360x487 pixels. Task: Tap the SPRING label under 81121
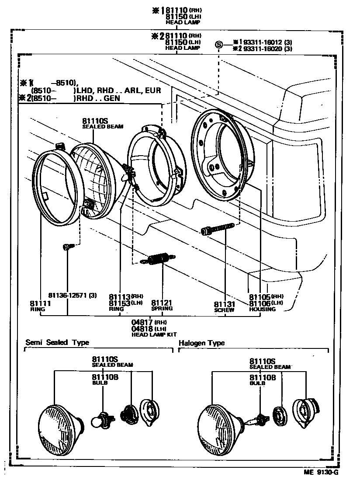[x=162, y=309]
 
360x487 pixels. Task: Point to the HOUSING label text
[x=262, y=310]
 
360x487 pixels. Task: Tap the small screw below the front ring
[x=67, y=247]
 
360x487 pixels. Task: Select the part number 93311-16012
[x=262, y=42]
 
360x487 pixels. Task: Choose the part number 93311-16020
[x=262, y=49]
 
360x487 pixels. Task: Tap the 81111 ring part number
[x=41, y=303]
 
